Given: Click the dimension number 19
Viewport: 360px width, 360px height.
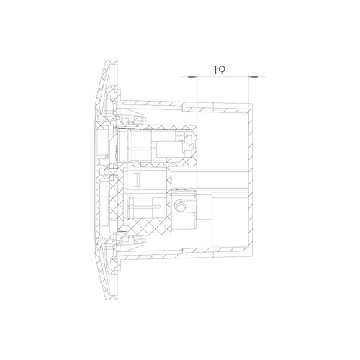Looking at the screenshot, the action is click(x=220, y=70).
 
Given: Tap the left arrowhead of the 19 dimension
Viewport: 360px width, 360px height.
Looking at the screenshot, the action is click(x=192, y=77).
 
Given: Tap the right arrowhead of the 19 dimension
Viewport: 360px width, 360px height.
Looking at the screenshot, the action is click(x=253, y=77).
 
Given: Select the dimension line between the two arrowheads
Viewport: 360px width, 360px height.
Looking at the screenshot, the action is click(x=222, y=77).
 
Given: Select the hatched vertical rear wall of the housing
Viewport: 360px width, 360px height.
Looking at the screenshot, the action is click(x=251, y=178).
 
